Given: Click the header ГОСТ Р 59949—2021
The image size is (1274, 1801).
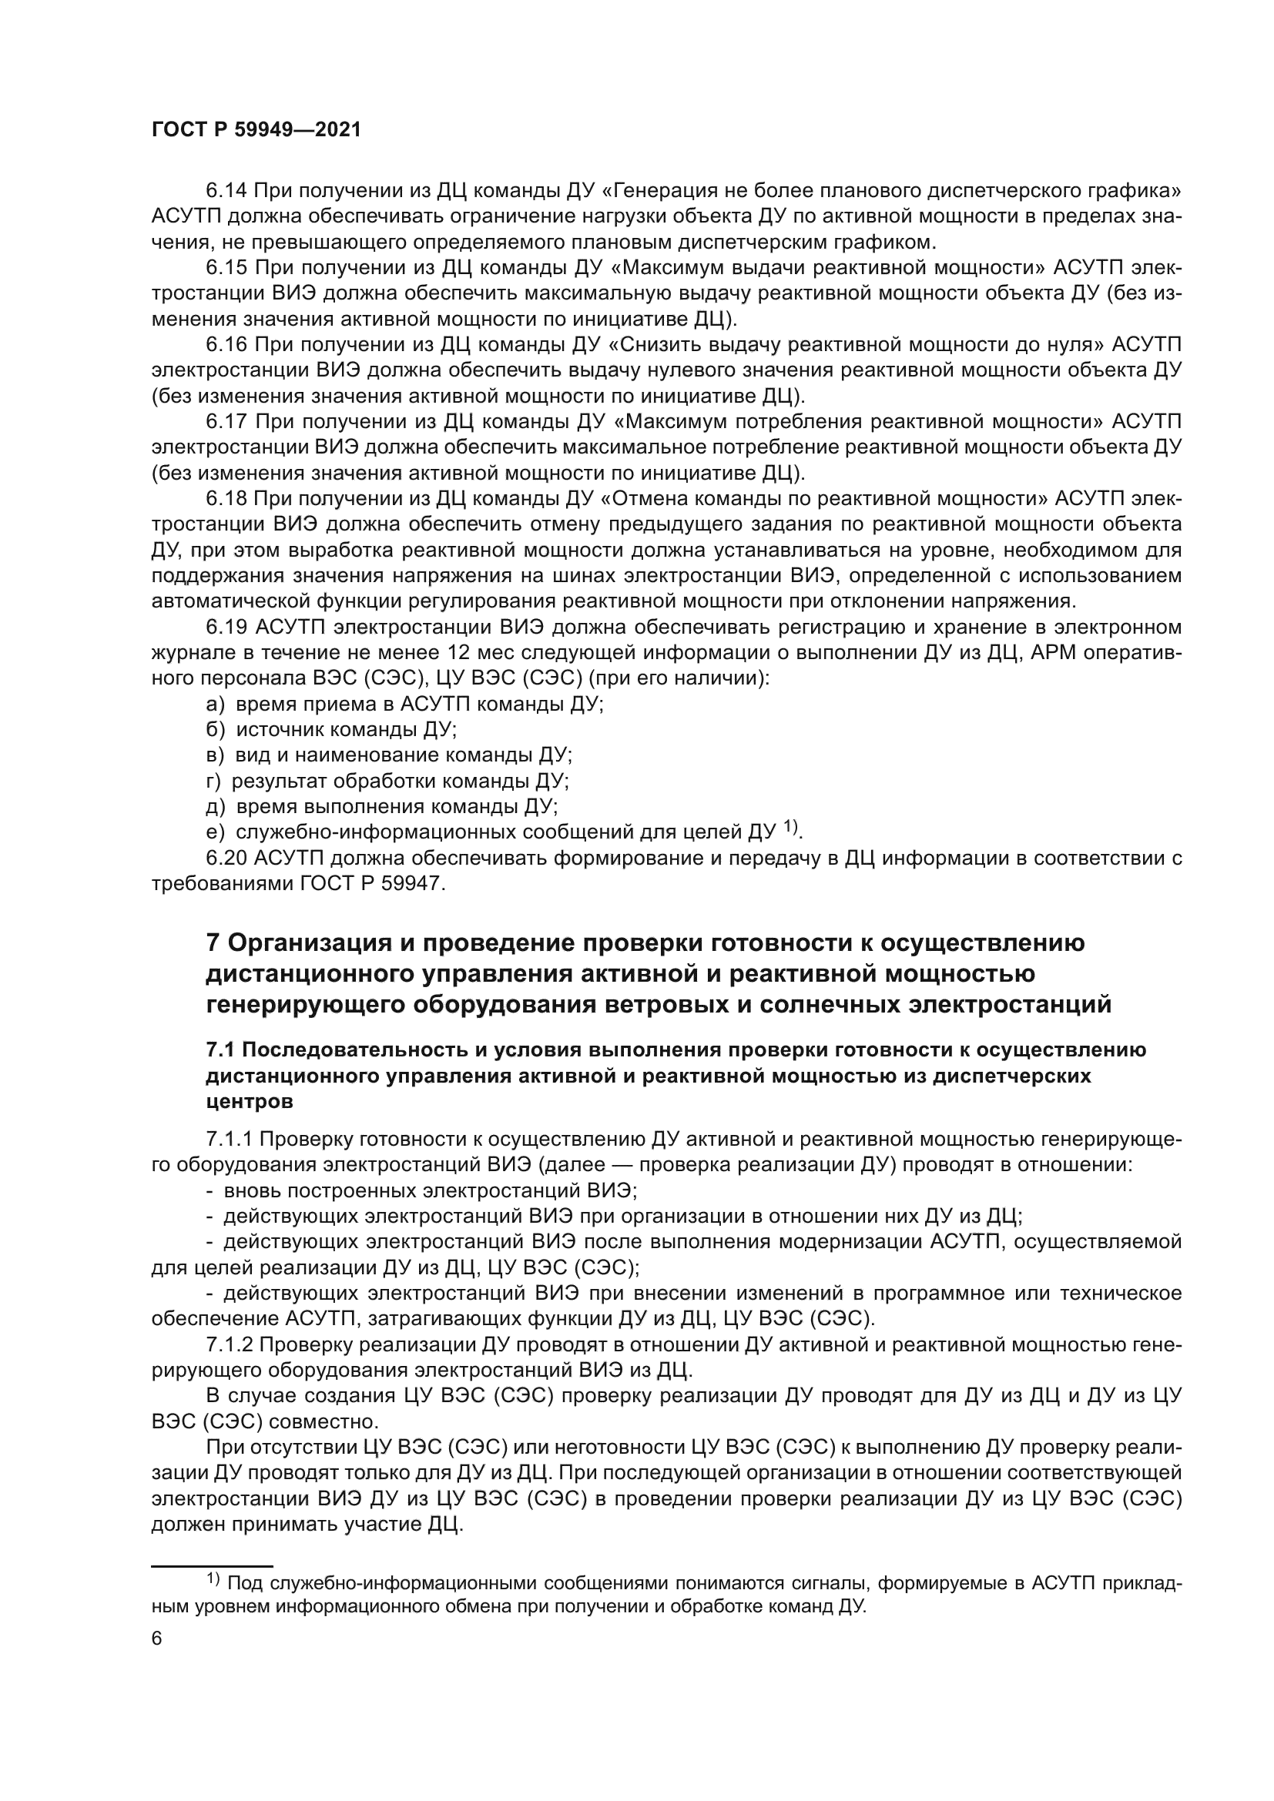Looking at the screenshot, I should (x=256, y=130).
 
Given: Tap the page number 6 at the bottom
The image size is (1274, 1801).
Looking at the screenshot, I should (x=157, y=1639).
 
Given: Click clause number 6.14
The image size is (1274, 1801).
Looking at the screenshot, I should (x=226, y=191).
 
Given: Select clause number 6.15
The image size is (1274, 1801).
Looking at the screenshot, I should (x=226, y=267).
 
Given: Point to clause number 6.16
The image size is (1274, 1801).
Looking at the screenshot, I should (x=226, y=344).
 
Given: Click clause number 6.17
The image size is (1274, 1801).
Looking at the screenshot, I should (x=226, y=422).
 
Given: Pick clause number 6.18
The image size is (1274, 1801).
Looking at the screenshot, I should (x=226, y=499).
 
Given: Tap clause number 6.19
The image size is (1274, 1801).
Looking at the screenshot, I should (x=226, y=628).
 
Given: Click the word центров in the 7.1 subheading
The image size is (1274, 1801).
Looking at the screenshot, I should (x=250, y=1101).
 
